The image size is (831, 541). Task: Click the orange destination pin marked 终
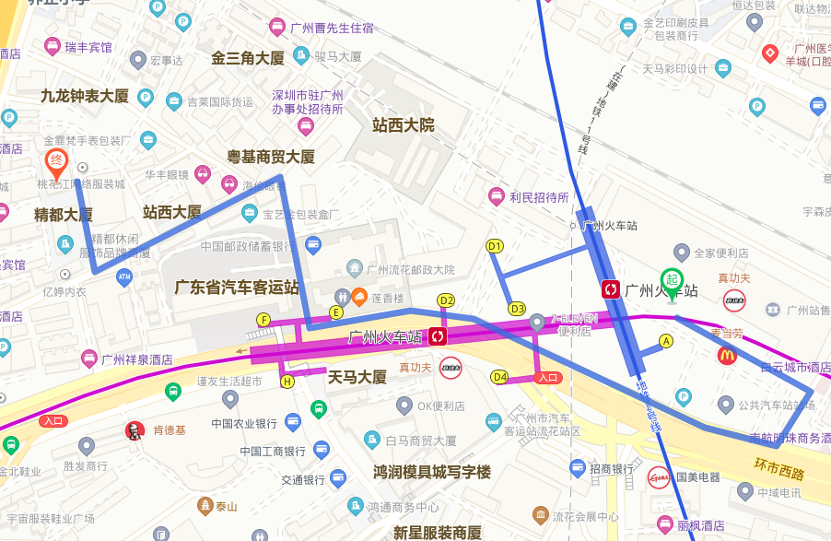pos(56,162)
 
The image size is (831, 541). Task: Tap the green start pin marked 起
pos(672,280)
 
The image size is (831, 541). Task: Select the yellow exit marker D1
pos(495,246)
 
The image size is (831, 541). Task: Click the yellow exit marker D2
pos(446,300)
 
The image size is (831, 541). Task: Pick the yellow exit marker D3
pos(517,309)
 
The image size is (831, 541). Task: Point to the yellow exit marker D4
pos(499,377)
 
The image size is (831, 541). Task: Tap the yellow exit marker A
pos(667,341)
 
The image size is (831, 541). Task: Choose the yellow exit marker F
pos(264,320)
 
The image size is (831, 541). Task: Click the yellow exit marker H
pos(287,381)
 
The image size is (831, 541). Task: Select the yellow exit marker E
pos(337,312)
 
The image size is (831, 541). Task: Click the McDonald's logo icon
pos(728,355)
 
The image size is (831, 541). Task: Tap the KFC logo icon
pos(135,430)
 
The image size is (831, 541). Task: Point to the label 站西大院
pos(403,125)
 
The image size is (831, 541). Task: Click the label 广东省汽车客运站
pos(237,287)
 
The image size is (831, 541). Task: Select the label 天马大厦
pos(357,377)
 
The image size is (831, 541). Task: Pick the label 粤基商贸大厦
pos(271,157)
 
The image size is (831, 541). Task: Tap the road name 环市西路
pos(778,470)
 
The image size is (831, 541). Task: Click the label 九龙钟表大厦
pos(84,96)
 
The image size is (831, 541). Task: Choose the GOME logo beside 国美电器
pos(658,477)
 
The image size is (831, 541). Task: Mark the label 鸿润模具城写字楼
pos(432,472)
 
